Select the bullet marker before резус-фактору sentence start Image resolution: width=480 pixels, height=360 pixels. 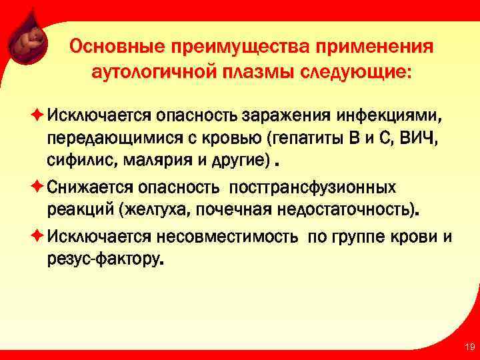tap(37, 237)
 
